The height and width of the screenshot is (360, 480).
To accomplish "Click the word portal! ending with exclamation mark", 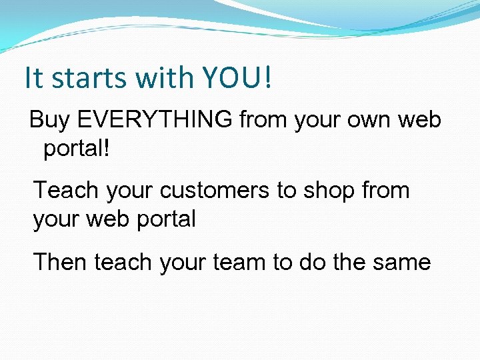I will pos(75,148).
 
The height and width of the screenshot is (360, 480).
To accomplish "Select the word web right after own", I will pos(419,120).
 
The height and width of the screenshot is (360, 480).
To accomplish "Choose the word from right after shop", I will pos(385,191).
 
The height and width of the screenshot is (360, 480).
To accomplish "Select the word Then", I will pos(61,262).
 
